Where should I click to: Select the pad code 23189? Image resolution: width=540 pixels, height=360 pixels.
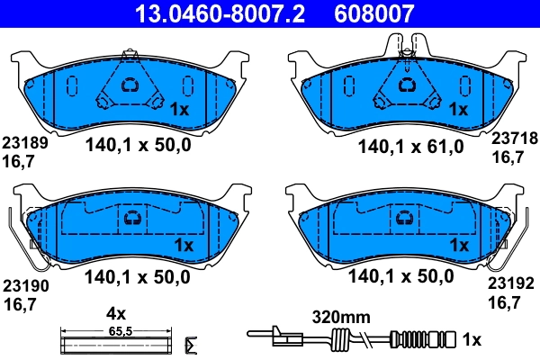pos(24,142)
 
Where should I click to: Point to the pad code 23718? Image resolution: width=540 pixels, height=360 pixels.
pos(512,139)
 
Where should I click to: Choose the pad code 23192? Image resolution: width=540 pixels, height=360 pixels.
pos(512,283)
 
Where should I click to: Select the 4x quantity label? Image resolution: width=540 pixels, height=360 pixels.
pos(114,314)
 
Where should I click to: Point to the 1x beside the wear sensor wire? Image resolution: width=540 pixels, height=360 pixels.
pos(473,340)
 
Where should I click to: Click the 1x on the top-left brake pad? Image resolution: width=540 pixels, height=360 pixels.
pos(178,110)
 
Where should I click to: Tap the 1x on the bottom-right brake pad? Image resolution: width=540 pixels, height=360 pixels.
pos(459,244)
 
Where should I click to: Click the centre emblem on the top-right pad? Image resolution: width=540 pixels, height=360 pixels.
pos(408,85)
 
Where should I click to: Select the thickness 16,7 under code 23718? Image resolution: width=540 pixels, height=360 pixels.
pos(505,157)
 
